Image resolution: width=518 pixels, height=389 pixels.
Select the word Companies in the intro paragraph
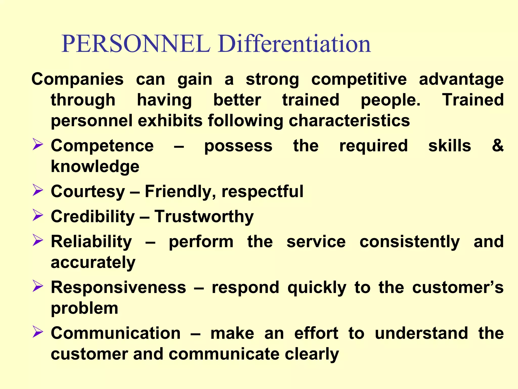click(77, 80)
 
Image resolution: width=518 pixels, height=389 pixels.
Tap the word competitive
click(359, 80)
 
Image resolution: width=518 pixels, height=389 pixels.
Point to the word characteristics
click(349, 121)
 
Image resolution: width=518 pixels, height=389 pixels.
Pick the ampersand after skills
click(498, 146)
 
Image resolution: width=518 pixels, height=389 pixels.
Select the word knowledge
click(95, 167)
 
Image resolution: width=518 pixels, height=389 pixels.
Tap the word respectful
click(262, 191)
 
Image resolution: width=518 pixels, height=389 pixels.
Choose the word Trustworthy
click(204, 217)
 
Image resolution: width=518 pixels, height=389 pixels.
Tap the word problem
click(84, 308)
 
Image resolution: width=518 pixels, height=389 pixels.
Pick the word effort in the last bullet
click(316, 333)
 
